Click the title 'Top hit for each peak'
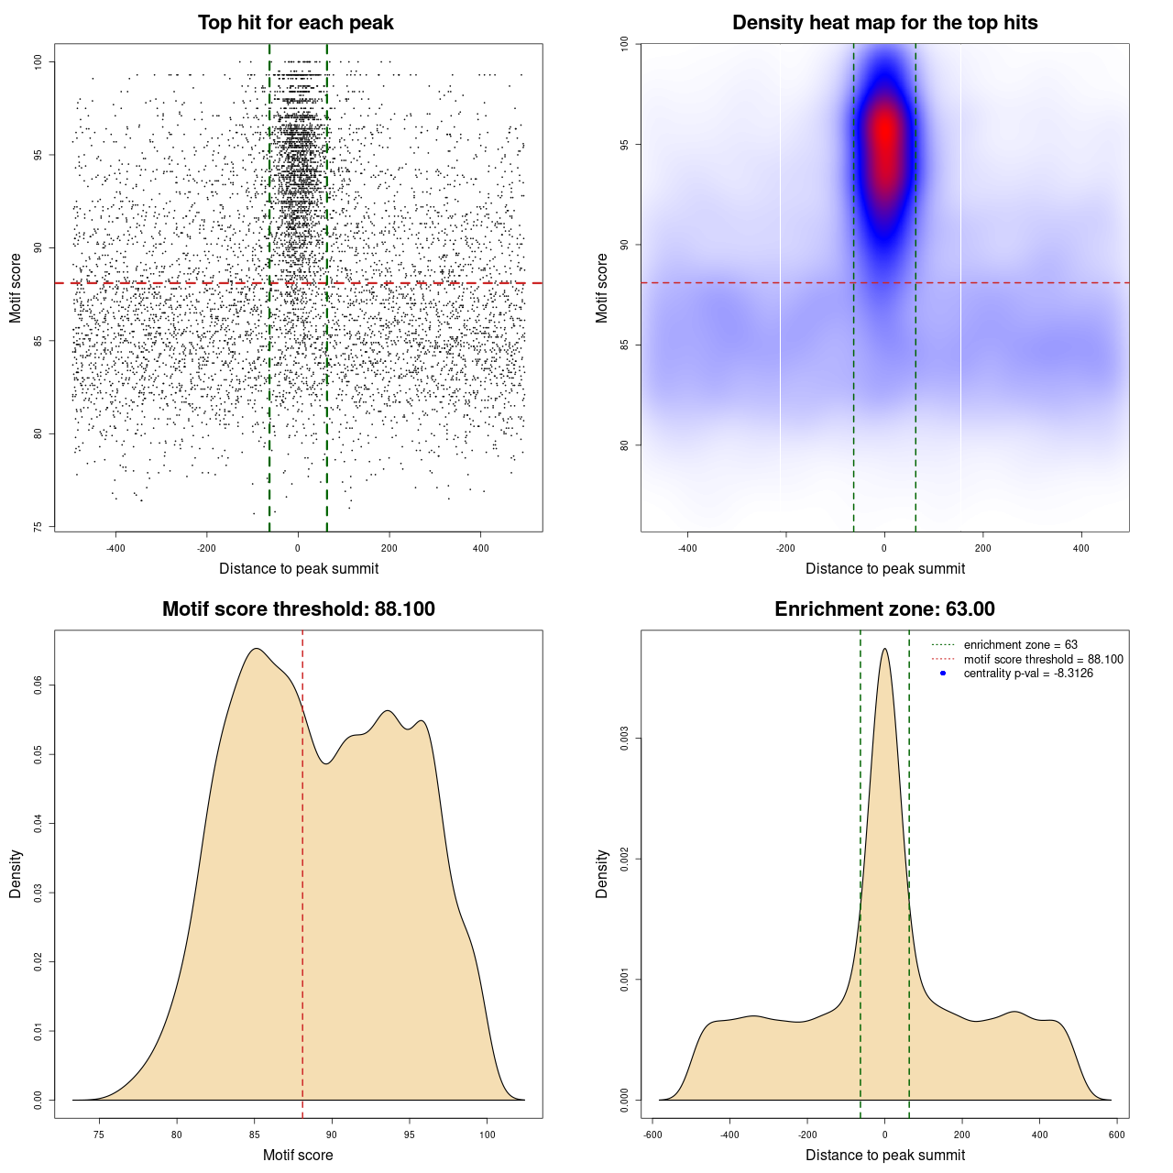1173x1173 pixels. click(296, 23)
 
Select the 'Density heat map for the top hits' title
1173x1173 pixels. click(884, 23)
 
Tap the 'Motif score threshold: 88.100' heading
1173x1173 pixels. click(298, 609)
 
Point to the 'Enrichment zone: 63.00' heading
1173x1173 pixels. click(884, 609)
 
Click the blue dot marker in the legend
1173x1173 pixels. click(943, 674)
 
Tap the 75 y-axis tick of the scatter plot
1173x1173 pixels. click(38, 527)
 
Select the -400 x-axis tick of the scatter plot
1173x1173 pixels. click(115, 548)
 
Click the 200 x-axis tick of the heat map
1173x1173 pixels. click(983, 548)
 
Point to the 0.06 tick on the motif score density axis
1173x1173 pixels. click(38, 685)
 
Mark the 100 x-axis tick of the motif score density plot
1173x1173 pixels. click(487, 1135)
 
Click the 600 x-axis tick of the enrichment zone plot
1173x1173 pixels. click(1116, 1135)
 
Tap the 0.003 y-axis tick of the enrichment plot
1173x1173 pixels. click(624, 739)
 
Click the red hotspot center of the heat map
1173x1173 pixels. click(884, 137)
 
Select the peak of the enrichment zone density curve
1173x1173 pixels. click(884, 649)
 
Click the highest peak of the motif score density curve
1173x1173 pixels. click(257, 649)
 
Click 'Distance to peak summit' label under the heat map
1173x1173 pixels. click(884, 568)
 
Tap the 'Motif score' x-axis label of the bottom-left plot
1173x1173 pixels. click(298, 1155)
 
